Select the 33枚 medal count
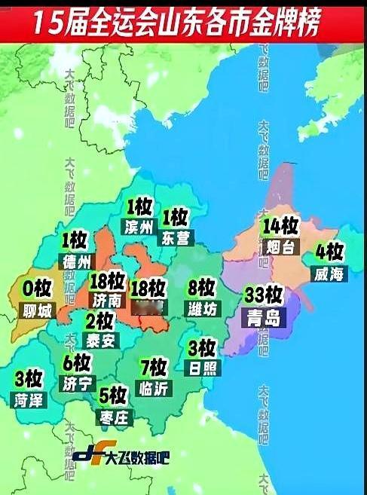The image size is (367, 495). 264,295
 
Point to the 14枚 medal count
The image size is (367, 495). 280,226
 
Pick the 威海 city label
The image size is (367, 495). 329,275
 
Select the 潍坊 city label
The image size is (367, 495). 200,309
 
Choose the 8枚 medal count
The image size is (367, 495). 201,288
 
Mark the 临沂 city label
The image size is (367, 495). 154,388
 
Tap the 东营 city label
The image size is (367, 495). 176,238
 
